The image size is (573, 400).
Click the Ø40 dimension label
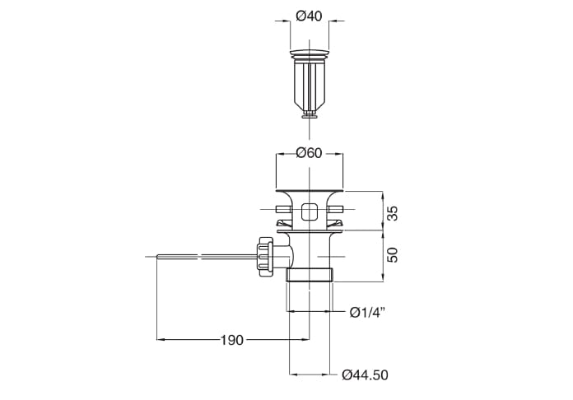click(x=310, y=16)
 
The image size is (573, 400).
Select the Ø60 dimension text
click(x=310, y=153)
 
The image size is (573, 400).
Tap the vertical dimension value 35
click(x=392, y=213)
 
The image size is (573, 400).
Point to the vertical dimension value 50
click(x=392, y=255)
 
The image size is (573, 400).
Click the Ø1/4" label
click(x=367, y=312)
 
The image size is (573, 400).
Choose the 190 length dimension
click(x=232, y=340)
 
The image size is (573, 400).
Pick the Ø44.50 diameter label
click(x=365, y=375)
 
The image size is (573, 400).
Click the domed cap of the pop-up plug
click(x=310, y=53)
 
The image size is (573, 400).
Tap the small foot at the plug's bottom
click(x=310, y=116)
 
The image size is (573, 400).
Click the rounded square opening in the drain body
click(x=310, y=212)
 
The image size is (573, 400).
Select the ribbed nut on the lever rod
click(x=265, y=257)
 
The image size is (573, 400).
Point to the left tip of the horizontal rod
click(x=157, y=257)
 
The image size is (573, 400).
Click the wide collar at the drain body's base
click(x=310, y=275)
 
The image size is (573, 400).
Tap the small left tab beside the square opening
click(x=283, y=209)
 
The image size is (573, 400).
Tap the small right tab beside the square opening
click(x=335, y=209)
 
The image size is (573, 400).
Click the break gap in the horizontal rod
click(x=200, y=257)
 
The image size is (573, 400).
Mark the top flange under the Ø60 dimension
click(x=310, y=191)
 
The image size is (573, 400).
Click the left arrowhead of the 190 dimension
click(x=161, y=340)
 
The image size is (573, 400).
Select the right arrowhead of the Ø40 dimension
click(x=333, y=21)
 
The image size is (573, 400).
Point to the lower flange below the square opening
click(x=310, y=231)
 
